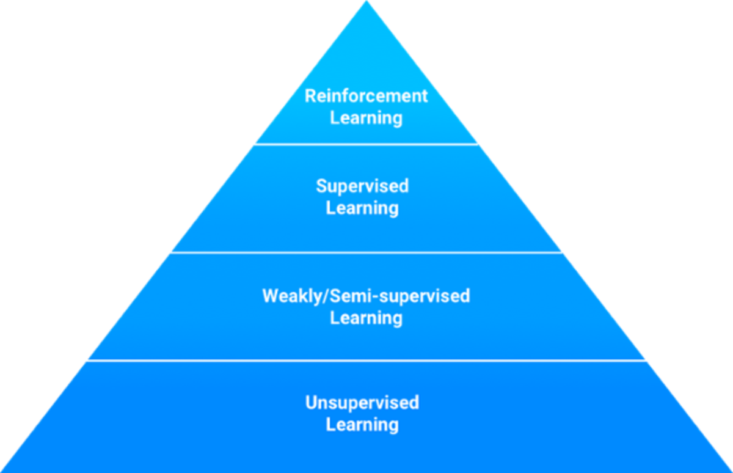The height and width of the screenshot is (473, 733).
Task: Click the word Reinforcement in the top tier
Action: pos(366,96)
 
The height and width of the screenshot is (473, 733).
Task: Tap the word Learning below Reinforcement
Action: pos(366,117)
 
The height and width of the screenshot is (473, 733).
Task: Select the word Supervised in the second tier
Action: pos(362,186)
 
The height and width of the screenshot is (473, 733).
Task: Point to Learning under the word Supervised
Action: pos(362,208)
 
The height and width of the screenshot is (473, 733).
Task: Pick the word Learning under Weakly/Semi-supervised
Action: pos(366,318)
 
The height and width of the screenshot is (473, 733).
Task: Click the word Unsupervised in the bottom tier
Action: pos(362,403)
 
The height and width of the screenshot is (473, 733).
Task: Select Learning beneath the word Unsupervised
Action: pos(362,424)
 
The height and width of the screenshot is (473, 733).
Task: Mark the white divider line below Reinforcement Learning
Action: pos(366,144)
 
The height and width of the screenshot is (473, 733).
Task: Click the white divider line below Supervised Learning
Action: pos(366,252)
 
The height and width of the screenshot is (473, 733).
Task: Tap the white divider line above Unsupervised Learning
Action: pos(366,360)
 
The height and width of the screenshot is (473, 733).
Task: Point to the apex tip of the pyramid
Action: pos(366,2)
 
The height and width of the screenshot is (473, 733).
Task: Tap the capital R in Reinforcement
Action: pos(310,96)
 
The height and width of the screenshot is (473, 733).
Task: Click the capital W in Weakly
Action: pos(271,296)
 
